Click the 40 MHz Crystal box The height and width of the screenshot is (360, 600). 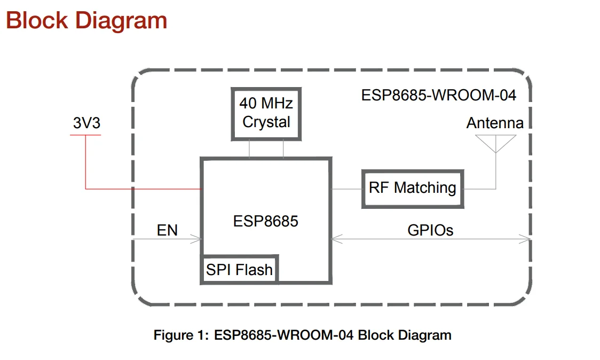click(x=266, y=113)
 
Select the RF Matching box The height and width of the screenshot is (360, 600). click(x=412, y=189)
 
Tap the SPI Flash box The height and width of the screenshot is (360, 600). click(x=239, y=270)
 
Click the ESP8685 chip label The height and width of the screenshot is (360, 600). click(x=265, y=221)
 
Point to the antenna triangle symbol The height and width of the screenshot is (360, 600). click(x=496, y=143)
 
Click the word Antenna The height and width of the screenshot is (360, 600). click(x=495, y=123)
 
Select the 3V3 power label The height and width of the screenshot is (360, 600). click(x=86, y=123)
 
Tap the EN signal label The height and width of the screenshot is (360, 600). click(x=167, y=230)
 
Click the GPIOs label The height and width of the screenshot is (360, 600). click(x=430, y=230)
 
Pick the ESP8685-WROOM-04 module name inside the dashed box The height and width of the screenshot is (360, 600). click(x=439, y=96)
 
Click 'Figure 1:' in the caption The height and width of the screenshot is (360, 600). click(x=181, y=335)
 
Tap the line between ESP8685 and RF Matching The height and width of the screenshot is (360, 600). click(x=346, y=189)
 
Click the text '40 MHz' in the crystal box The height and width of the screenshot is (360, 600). click(x=266, y=103)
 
